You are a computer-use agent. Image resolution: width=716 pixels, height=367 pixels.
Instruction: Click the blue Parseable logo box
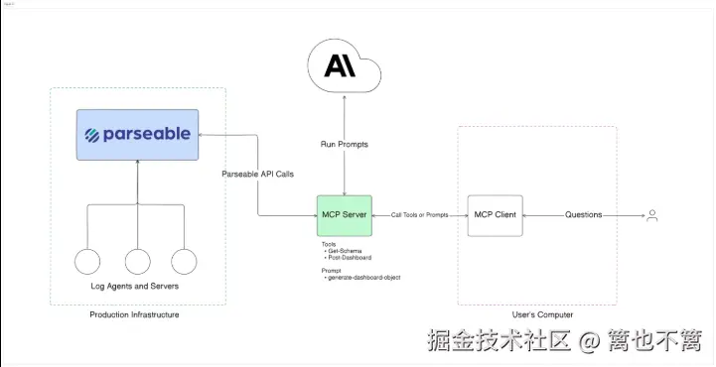(137, 135)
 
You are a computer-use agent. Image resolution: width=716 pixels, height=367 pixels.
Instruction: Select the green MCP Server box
(345, 215)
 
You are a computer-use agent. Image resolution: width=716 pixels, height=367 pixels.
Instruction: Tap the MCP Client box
(495, 215)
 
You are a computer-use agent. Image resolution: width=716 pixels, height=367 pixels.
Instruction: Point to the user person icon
(652, 215)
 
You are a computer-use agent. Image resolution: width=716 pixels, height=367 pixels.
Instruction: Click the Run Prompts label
(344, 144)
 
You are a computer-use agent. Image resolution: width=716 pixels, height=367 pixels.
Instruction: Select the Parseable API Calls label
(257, 175)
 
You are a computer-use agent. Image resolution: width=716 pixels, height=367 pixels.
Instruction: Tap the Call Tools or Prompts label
(419, 215)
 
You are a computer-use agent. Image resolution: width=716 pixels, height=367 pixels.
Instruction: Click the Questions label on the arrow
(583, 215)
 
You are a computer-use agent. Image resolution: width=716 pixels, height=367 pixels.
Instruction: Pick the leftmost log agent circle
(88, 262)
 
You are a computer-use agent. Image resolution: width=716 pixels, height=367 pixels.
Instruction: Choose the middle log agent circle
(138, 262)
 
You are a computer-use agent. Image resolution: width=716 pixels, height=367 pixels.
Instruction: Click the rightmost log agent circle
(186, 262)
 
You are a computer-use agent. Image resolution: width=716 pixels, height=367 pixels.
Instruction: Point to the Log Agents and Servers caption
(137, 287)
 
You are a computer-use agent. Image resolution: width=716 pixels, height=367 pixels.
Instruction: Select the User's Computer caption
(536, 314)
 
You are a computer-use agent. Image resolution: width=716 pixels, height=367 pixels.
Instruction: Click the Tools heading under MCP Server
(329, 244)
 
